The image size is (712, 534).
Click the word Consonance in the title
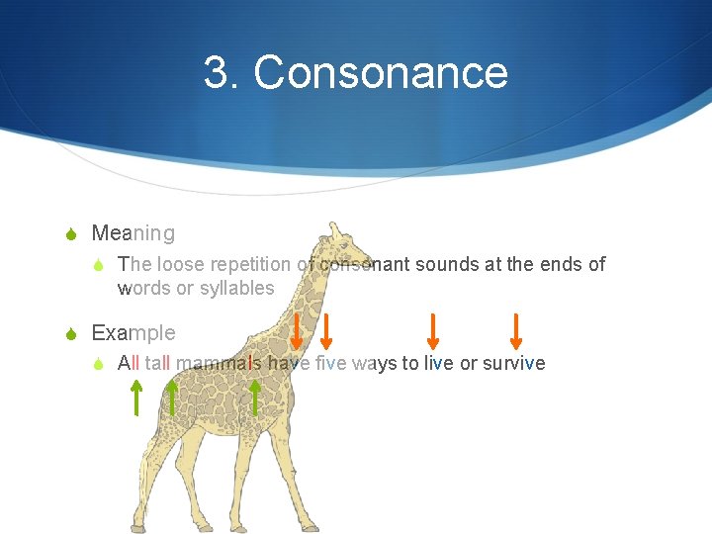[381, 73]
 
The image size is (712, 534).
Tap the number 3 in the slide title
[218, 73]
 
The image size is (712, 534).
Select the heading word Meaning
[133, 233]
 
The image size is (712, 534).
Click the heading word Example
[133, 332]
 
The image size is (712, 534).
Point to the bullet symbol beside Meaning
[71, 234]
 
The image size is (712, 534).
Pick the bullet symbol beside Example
[71, 333]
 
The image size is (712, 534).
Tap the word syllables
[237, 288]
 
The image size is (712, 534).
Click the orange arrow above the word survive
[515, 331]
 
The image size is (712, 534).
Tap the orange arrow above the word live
[432, 331]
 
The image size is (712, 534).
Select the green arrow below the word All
[136, 398]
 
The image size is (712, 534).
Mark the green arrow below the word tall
[172, 398]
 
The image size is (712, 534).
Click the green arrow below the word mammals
[255, 398]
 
